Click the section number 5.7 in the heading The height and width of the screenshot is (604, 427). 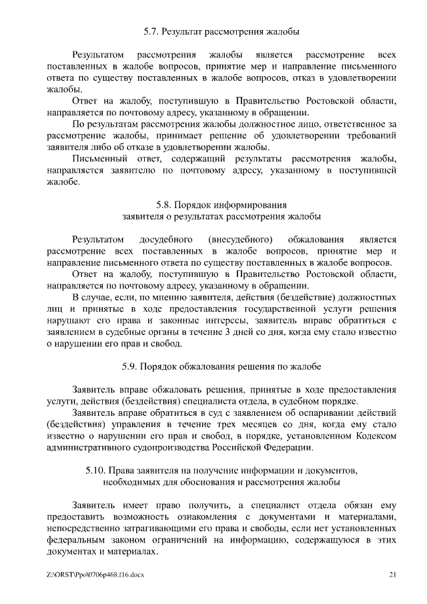pyautogui.click(x=151, y=31)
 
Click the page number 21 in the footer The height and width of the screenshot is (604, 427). pyautogui.click(x=392, y=574)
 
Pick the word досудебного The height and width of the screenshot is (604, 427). pyautogui.click(x=166, y=239)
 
